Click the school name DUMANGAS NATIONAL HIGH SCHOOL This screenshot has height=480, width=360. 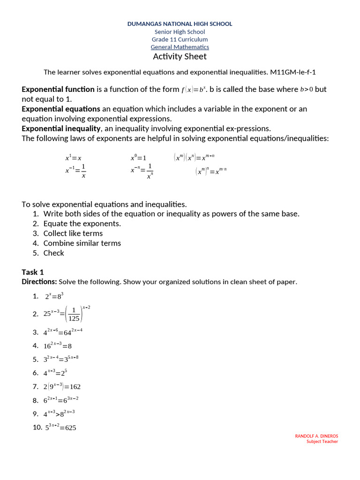pos(180,24)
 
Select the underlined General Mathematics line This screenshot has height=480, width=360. pos(180,47)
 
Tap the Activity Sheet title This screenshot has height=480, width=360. pos(180,57)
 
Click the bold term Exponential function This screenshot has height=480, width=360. pos(58,89)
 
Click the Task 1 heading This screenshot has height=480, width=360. pos(33,272)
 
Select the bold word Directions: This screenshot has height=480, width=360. pos(39,282)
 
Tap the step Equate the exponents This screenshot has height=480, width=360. pos(82,224)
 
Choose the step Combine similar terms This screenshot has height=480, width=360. pos(82,243)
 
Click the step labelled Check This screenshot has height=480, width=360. pos(53,253)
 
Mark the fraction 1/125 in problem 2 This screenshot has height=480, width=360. pos(74,315)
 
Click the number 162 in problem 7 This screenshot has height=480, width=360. pos(75,387)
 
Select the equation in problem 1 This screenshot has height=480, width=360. pos(54,296)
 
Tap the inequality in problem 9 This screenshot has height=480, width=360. pos(59,414)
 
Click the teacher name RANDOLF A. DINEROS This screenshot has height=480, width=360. pos(316,436)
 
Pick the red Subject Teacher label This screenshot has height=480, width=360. pos(322,442)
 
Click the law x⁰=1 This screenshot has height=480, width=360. pos(138,158)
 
